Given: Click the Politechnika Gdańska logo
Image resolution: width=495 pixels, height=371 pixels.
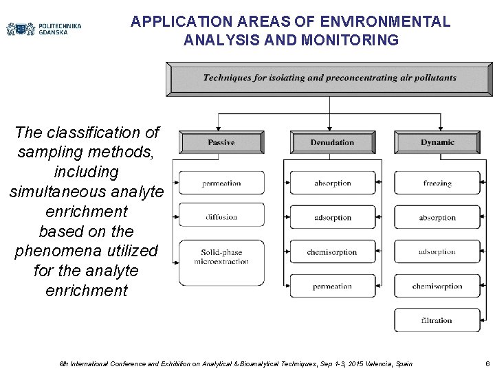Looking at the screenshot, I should pos(43,29).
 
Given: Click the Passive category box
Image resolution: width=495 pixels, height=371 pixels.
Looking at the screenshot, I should pos(221,142).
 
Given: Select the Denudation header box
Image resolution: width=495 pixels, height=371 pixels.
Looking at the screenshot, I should pos(332,142).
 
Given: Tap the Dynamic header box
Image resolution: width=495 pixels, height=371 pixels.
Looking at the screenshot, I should pos(437,142).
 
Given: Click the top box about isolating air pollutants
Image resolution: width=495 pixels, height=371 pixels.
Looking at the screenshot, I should pos(329,78).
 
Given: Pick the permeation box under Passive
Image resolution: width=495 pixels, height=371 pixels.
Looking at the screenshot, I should pos(221,183).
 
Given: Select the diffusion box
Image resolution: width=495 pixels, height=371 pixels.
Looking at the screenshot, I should pos(221,217).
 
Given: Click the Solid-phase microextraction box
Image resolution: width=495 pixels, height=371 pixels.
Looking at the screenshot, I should pos(221,257).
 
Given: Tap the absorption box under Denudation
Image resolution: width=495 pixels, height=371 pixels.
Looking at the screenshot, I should pos(333,183).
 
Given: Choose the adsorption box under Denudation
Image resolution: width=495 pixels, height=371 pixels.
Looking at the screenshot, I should pos(333,218).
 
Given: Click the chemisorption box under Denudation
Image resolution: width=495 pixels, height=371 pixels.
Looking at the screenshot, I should pos(333,252).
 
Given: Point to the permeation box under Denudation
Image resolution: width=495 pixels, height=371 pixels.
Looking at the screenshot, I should pos(333,286).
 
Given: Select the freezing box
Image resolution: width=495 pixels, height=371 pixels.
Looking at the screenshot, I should pos(437,183).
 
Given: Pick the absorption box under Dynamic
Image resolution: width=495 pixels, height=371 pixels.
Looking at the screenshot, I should pos(437,218).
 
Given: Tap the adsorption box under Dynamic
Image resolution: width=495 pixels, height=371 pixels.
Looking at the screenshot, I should pos(437,252).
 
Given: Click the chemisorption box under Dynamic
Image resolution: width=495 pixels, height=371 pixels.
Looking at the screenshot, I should pos(437,286).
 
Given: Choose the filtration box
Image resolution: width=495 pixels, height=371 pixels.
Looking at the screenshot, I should pos(437,320).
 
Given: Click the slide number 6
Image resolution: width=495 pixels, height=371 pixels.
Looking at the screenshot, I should pos(487,363).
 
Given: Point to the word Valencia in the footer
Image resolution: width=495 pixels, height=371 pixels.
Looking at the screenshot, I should pos(369,363).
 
